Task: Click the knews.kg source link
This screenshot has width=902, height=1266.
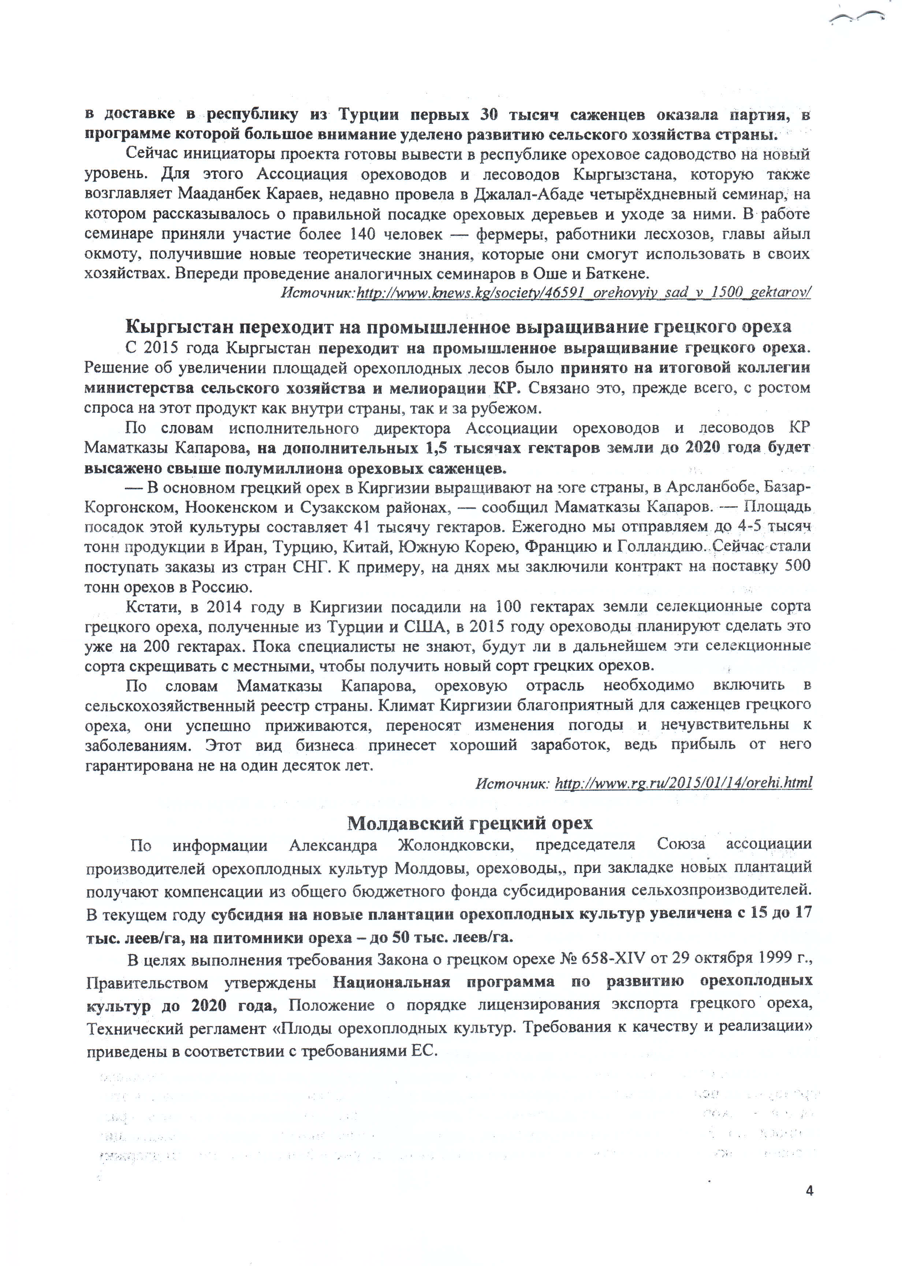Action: pos(583,292)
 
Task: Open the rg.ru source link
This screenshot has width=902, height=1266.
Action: pos(683,783)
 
